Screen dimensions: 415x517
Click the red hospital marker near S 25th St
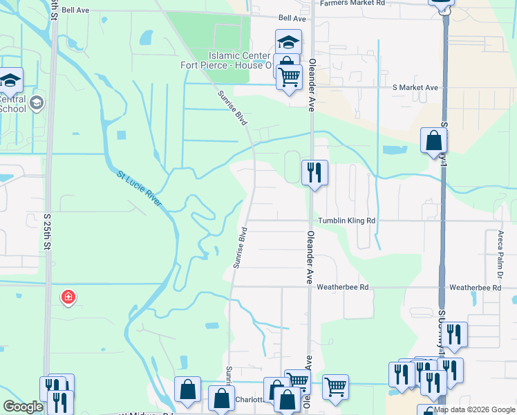click(x=68, y=297)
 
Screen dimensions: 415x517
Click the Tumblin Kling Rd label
click(x=346, y=221)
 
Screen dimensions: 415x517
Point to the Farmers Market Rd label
click(x=352, y=3)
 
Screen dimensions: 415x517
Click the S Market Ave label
click(x=415, y=88)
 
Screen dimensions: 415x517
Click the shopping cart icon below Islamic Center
click(x=289, y=76)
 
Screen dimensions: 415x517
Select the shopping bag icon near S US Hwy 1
click(x=433, y=140)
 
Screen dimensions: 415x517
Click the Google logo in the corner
click(x=23, y=407)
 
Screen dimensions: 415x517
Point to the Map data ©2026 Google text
click(x=474, y=409)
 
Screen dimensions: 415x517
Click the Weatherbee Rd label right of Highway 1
click(x=474, y=287)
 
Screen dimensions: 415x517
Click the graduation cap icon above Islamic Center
click(x=288, y=41)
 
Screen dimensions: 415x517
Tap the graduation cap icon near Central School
click(x=11, y=80)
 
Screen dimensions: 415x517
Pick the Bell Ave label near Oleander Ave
click(x=292, y=18)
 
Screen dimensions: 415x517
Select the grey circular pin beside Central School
click(x=36, y=104)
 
